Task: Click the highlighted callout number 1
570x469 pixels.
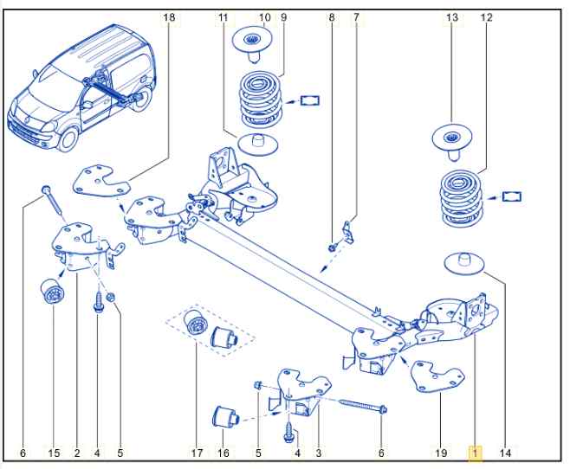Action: click(x=475, y=453)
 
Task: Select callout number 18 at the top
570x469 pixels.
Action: click(x=168, y=16)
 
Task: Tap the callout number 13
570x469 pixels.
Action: click(x=452, y=17)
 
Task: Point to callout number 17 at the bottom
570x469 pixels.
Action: click(x=196, y=453)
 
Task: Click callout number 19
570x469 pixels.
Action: click(x=440, y=453)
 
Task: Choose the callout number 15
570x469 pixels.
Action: click(x=54, y=453)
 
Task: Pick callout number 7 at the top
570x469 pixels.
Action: click(x=355, y=16)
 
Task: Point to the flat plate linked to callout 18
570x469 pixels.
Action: click(x=101, y=183)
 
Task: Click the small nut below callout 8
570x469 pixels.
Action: click(x=333, y=248)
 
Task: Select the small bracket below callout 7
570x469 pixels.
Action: click(x=348, y=233)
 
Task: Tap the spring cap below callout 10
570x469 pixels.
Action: click(x=252, y=41)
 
